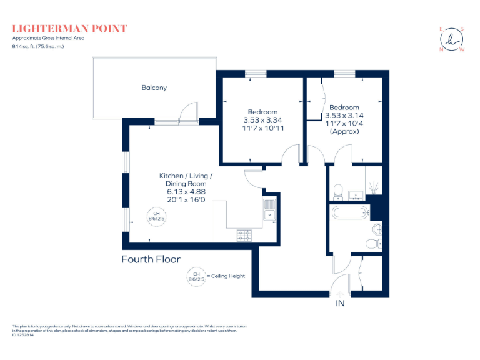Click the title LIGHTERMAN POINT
tap(69, 29)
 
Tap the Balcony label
tap(154, 88)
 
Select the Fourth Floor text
tap(151, 259)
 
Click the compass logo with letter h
tap(452, 39)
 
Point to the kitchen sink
tap(270, 210)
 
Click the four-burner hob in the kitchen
tap(244, 235)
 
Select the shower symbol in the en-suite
tap(374, 186)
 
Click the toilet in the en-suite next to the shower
tap(337, 189)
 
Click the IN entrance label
tap(340, 304)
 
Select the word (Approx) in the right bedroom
tap(344, 131)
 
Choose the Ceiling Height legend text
tap(227, 276)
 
